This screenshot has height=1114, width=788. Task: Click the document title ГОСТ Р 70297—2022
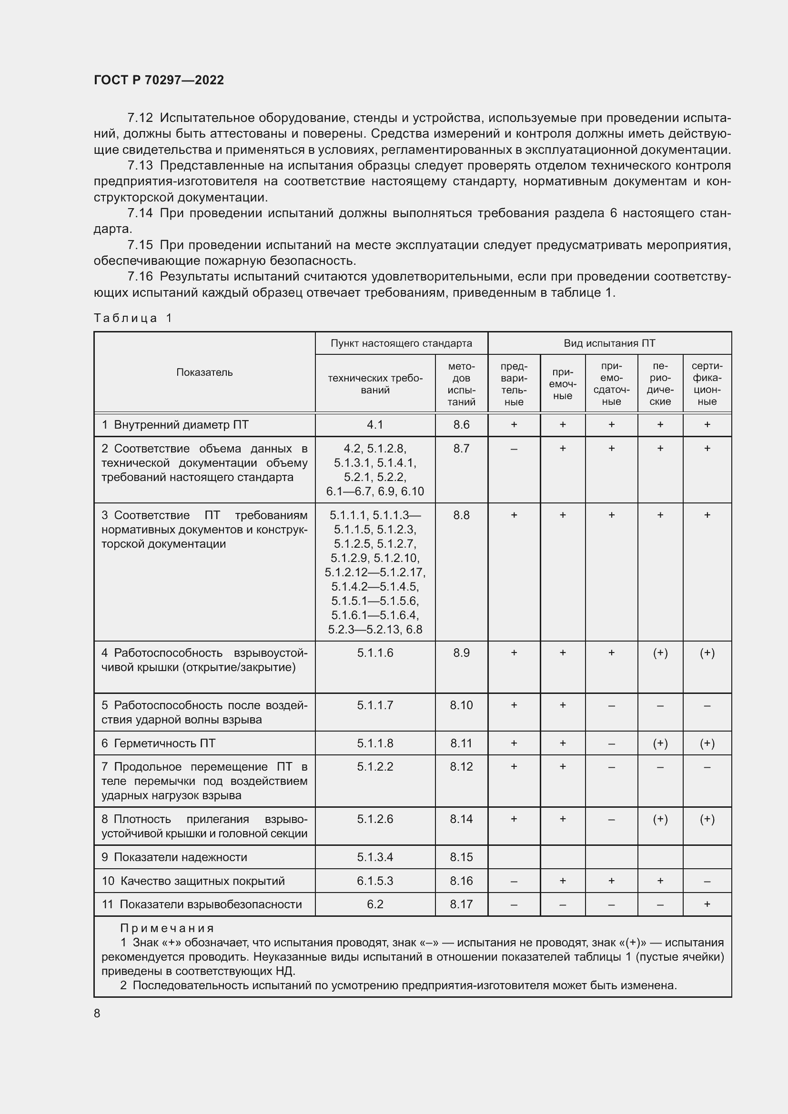159,80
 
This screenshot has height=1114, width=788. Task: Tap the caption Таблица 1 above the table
133,318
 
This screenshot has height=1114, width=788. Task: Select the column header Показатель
204,372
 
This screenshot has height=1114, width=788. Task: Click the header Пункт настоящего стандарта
401,343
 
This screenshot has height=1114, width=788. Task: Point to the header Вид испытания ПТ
609,343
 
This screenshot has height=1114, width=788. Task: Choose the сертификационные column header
707,384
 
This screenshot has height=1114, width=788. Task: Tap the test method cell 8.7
462,448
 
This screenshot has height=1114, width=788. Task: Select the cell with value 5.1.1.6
375,653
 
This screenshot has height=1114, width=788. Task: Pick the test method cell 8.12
462,767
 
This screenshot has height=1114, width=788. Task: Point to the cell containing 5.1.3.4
375,857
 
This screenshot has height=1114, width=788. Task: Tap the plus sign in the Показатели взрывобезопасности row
707,904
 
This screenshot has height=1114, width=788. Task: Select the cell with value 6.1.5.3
375,881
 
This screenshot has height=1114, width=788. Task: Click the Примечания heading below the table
167,928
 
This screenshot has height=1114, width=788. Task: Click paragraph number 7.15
140,245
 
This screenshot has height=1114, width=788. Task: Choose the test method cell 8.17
462,904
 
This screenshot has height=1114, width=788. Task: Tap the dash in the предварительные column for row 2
514,449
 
